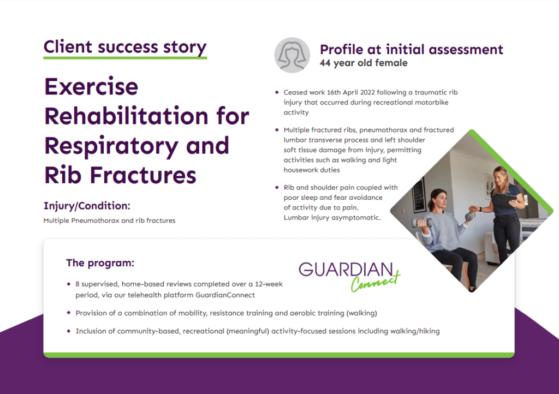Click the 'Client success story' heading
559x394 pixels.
pos(125,47)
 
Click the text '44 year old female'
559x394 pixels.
pos(363,63)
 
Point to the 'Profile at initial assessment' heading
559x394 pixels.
pos(411,49)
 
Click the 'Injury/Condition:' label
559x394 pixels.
pos(87,206)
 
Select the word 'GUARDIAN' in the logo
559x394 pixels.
pos(345,270)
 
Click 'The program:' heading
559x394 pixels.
pos(100,263)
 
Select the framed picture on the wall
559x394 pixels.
pos(419,194)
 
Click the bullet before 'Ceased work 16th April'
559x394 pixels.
pos(277,93)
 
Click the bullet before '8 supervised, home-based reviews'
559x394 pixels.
pos(69,284)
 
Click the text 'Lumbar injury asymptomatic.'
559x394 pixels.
pos(332,217)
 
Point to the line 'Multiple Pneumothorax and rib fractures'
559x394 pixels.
pos(109,221)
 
